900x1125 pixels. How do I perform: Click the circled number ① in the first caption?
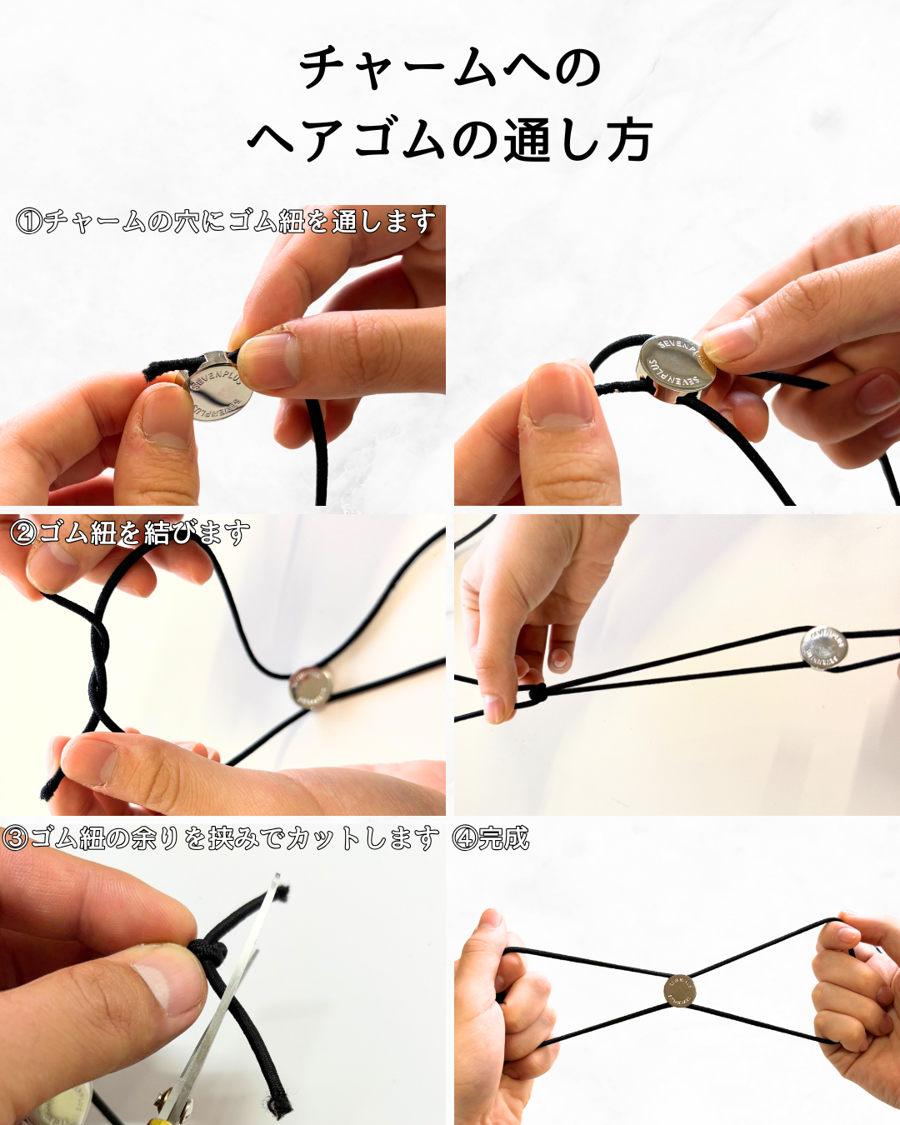click(29, 222)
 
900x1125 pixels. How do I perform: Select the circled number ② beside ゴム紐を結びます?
click(23, 532)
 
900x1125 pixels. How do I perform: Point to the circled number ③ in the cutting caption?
click(15, 838)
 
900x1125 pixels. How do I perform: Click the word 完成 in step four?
click(504, 838)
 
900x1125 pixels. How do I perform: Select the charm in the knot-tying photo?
click(311, 688)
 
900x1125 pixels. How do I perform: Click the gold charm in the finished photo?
click(680, 991)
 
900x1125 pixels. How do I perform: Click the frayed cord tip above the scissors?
click(282, 893)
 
